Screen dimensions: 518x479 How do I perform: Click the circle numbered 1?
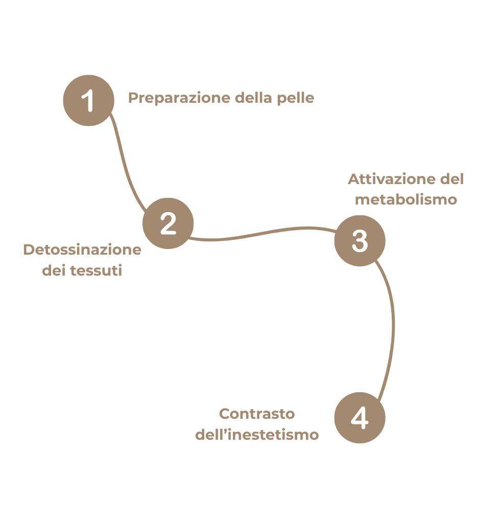(x=88, y=100)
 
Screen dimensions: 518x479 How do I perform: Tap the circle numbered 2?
(x=168, y=223)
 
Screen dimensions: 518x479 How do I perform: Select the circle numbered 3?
(x=360, y=241)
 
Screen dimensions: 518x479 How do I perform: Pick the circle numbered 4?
(x=360, y=418)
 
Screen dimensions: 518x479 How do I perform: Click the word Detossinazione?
(x=82, y=250)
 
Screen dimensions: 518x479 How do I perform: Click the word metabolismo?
(x=406, y=199)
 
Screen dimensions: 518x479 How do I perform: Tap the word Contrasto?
(x=257, y=413)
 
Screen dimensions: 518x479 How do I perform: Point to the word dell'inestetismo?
(x=257, y=435)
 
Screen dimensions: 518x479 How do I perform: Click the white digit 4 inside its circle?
(x=360, y=418)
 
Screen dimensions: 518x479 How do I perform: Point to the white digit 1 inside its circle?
(x=89, y=100)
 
